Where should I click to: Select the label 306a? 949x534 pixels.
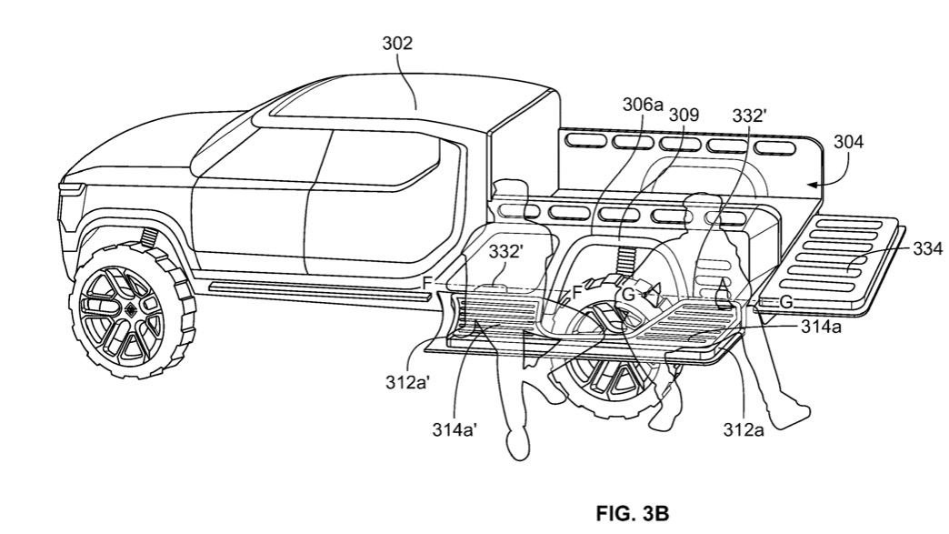coord(643,105)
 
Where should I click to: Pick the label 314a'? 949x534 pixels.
coord(455,428)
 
